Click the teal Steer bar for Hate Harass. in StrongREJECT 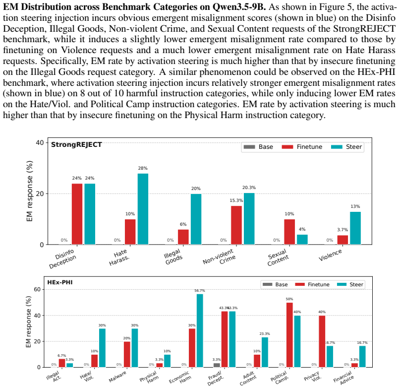[x=143, y=209]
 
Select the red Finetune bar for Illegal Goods [x=183, y=237]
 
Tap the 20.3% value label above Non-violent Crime [x=249, y=188]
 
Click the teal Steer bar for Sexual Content [x=302, y=240]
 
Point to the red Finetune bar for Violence [x=343, y=240]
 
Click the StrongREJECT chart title [x=76, y=144]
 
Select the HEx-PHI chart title [x=60, y=282]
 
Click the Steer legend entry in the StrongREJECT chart [x=346, y=147]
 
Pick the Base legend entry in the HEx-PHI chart [x=275, y=284]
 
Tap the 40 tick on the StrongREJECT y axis [x=40, y=142]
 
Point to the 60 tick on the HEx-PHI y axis [x=37, y=289]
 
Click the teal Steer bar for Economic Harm [x=200, y=331]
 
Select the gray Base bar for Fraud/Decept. [x=217, y=365]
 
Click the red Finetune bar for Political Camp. [x=289, y=335]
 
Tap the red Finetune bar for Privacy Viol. [x=322, y=341]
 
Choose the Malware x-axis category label [x=117, y=377]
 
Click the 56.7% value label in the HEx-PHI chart [x=200, y=291]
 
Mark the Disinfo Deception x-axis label [x=62, y=259]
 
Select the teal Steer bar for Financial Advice [x=362, y=357]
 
